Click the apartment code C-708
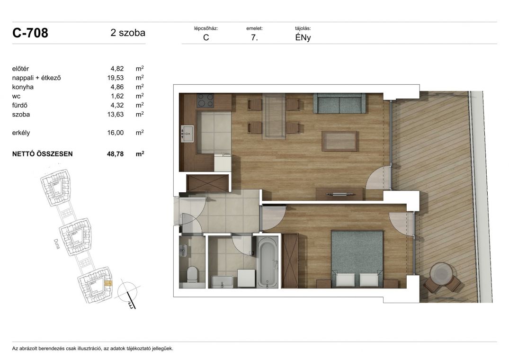coord(30,33)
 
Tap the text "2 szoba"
coord(128,33)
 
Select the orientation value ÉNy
coord(303,37)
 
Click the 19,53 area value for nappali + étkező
coord(116,78)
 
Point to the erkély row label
coord(21,133)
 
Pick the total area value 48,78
coord(115,154)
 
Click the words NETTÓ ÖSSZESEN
coord(43,154)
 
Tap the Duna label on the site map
coord(56,244)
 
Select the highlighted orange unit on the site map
coord(108,283)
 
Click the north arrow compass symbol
coord(127,293)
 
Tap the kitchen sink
coord(187,134)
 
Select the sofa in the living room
coord(339,103)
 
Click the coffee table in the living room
coord(339,141)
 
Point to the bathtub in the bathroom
coord(268,262)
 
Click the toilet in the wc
coord(192,274)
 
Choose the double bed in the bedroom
coord(357,259)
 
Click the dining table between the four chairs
coord(274,116)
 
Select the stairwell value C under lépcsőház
coord(206,37)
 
